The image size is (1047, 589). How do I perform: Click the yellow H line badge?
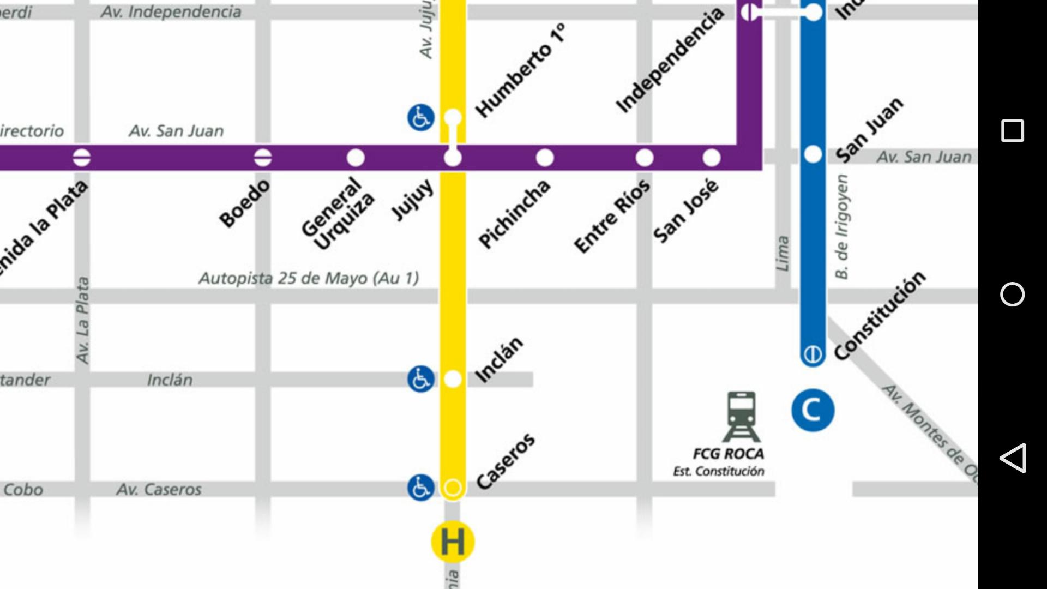[x=452, y=542]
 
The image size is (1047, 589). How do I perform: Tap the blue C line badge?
[x=813, y=410]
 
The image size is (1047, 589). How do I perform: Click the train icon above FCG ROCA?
[x=741, y=417]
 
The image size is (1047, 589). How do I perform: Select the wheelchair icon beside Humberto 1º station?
[x=420, y=117]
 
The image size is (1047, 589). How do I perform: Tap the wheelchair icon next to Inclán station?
[x=420, y=379]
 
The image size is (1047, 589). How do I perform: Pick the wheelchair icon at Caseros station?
[x=420, y=487]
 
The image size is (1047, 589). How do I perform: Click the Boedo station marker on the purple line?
[x=263, y=158]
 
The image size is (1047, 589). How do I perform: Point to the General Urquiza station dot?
[x=356, y=158]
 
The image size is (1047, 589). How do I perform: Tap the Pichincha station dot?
[x=545, y=158]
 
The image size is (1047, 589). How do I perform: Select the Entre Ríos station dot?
[x=645, y=158]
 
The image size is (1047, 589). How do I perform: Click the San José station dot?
[x=711, y=158]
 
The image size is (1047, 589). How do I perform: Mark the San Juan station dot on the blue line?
[x=813, y=154]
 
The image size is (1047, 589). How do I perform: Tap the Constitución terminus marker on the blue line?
[x=813, y=355]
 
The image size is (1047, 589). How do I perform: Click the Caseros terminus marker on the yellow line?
[x=452, y=487]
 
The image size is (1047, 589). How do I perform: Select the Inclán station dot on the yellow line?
[x=452, y=379]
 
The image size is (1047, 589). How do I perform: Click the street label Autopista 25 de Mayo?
[x=309, y=278]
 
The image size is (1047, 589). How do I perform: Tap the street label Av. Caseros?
[x=159, y=489]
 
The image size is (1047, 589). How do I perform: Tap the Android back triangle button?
[x=1012, y=458]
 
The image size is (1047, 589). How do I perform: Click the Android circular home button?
[x=1012, y=294]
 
